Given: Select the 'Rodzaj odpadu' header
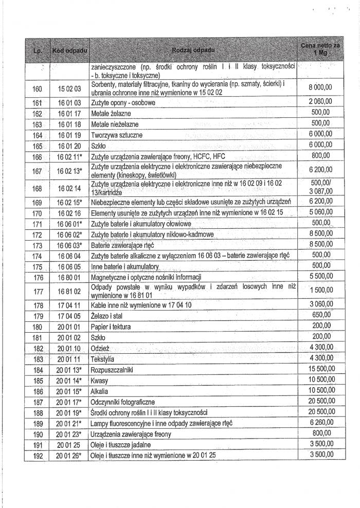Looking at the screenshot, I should [194, 50].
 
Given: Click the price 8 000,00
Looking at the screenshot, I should [320, 88].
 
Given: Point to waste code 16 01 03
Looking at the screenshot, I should [68, 103].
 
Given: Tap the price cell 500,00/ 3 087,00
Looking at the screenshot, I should [320, 186].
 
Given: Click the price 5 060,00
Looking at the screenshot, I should [320, 211].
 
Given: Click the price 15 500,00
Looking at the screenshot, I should [319, 369].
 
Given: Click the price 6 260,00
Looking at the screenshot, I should [320, 422].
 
